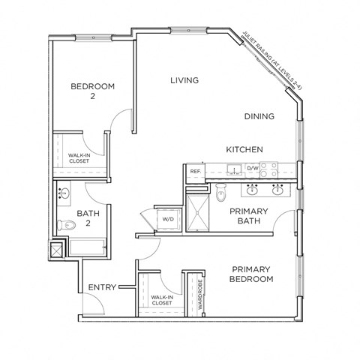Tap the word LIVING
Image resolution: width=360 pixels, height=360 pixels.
tap(184, 80)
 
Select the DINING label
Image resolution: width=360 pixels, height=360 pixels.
tap(259, 116)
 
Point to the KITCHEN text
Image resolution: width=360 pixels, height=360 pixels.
tap(244, 149)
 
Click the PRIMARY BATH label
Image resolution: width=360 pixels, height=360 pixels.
tap(249, 217)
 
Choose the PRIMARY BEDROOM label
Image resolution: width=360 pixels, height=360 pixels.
tap(251, 274)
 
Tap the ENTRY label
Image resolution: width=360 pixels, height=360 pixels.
tap(101, 287)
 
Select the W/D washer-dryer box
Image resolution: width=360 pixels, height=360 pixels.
tap(168, 219)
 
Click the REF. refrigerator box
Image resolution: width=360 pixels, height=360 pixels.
tap(194, 172)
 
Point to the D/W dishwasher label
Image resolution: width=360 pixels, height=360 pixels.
tap(252, 169)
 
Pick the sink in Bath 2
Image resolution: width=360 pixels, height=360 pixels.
tap(64, 194)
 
